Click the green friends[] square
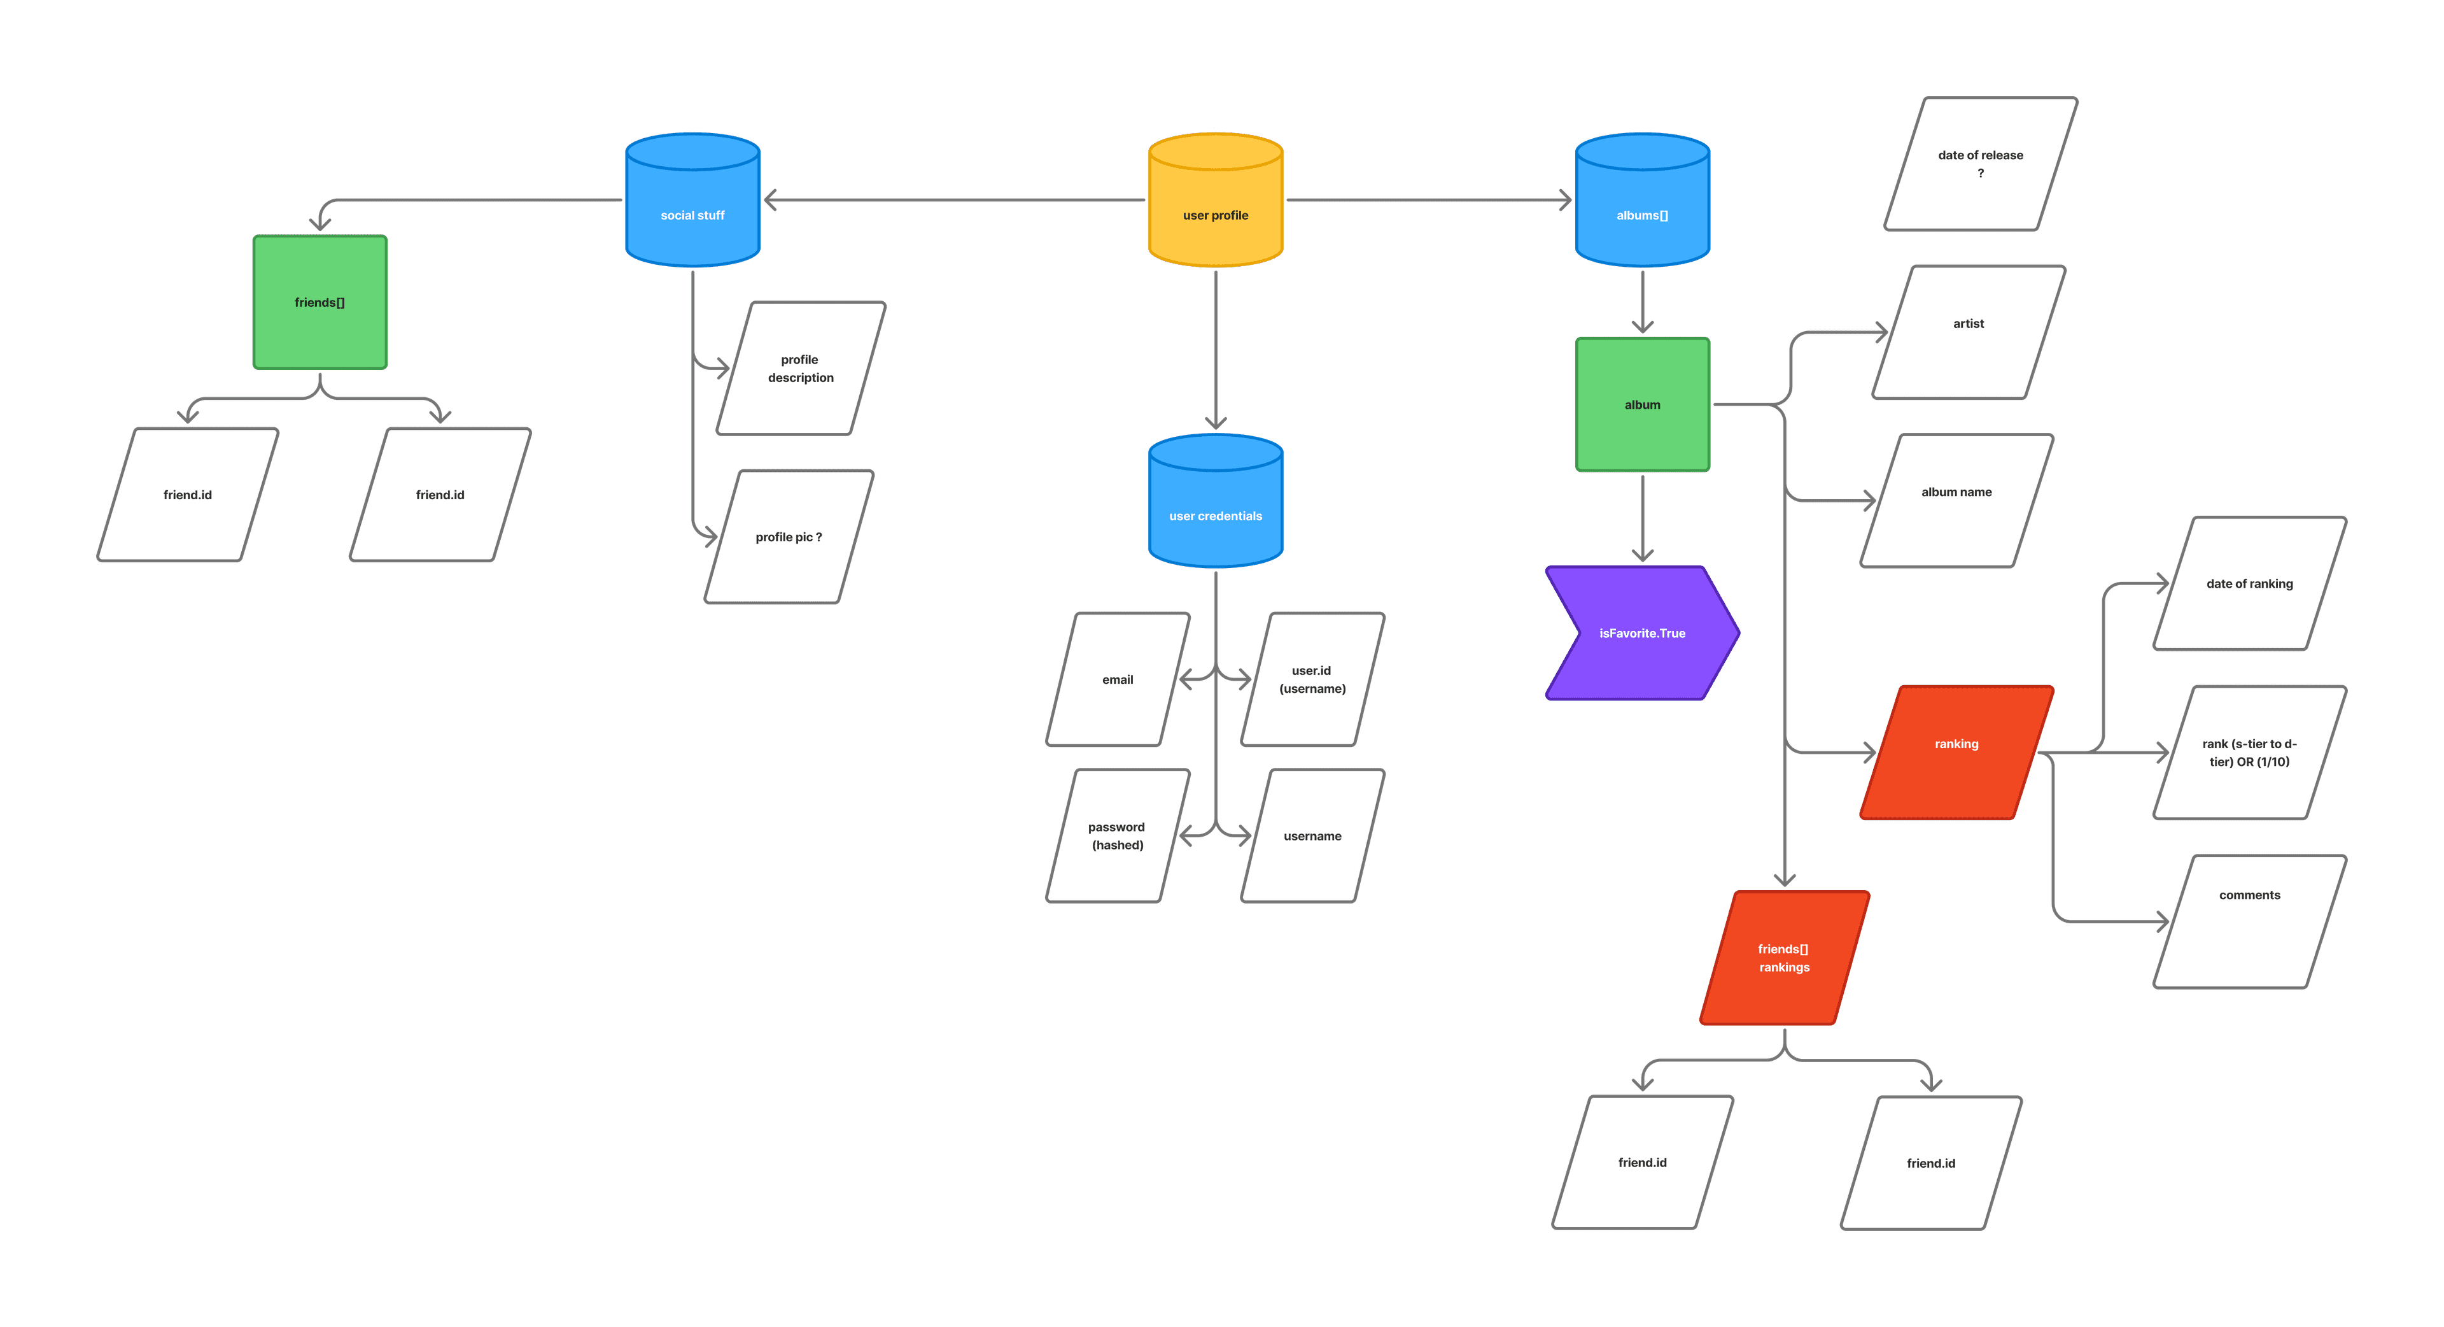click(320, 302)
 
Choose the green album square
click(1642, 404)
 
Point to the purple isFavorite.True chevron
click(1642, 633)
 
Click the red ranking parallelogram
click(1956, 752)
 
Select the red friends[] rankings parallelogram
click(1783, 958)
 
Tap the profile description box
click(801, 368)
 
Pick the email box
click(1118, 679)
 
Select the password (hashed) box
click(1118, 835)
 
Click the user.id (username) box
click(1312, 679)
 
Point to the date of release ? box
click(1980, 163)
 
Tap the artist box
click(1969, 332)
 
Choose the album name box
click(1956, 500)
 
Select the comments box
click(2249, 921)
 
